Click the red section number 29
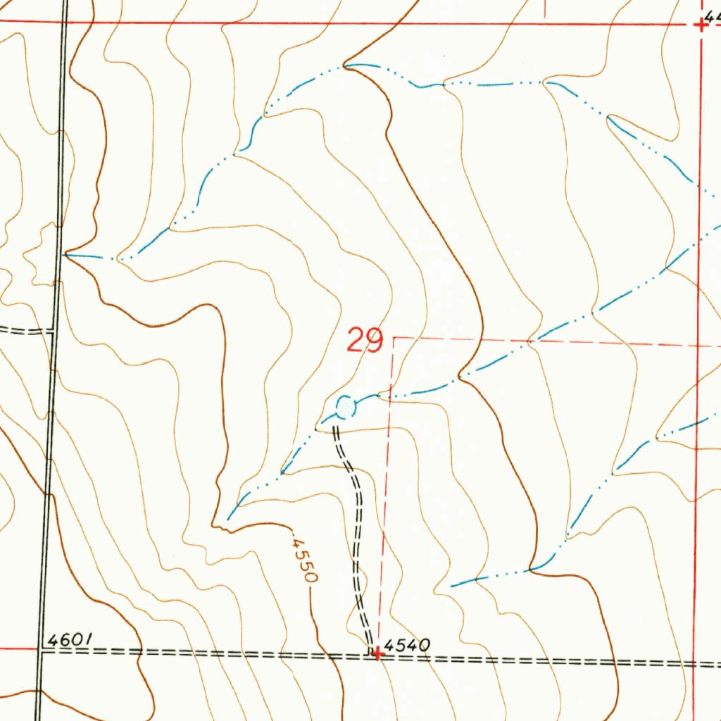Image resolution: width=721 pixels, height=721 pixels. [365, 341]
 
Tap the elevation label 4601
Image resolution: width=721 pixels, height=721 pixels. [69, 640]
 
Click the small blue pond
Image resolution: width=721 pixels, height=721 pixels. [345, 406]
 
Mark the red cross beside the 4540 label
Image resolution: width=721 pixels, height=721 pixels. [378, 654]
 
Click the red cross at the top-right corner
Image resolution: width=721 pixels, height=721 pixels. [701, 25]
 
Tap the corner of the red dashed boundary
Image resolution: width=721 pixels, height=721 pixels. [394, 338]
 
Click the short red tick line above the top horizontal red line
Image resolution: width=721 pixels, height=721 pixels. [544, 9]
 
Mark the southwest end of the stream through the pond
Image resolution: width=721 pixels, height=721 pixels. [228, 521]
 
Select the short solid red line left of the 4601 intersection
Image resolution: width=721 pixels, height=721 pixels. [18, 648]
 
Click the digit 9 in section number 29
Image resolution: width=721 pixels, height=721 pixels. [374, 341]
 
